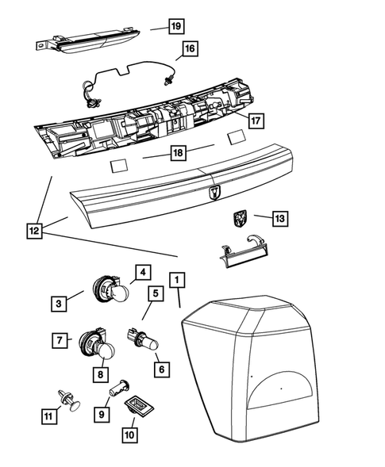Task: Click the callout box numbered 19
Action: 175,25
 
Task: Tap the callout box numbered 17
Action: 255,121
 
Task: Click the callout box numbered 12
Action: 34,231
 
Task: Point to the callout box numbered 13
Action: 279,216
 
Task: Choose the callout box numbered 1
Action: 177,280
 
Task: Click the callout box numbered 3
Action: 59,302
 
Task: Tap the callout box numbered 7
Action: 59,341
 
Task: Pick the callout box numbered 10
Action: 129,434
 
